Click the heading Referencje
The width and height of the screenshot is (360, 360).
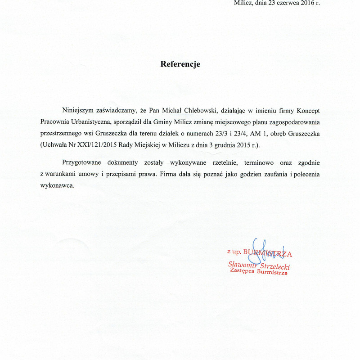point(180,64)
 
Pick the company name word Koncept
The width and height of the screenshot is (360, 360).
point(308,110)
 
